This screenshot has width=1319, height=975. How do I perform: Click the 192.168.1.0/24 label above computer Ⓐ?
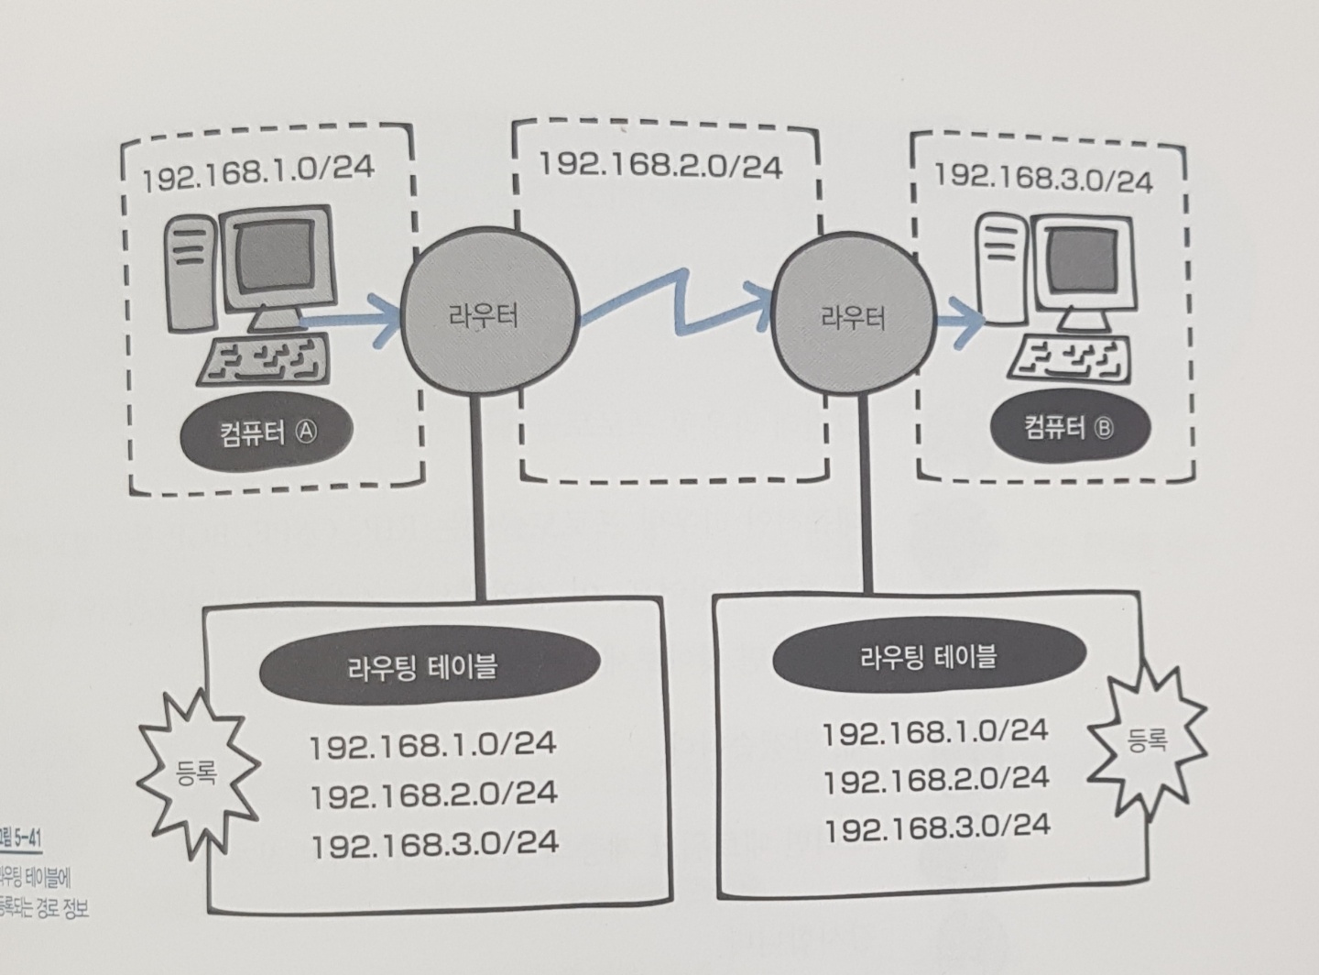(258, 172)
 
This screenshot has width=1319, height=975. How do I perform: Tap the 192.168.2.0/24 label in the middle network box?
(659, 166)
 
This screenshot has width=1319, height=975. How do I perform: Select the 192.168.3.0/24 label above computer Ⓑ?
(1042, 177)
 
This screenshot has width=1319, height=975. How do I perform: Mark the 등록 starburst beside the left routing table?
(194, 775)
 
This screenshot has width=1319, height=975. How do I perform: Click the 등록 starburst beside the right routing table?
(1147, 739)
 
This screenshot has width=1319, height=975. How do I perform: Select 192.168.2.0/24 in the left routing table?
(433, 794)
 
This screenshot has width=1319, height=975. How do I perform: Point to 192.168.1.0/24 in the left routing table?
(432, 744)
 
